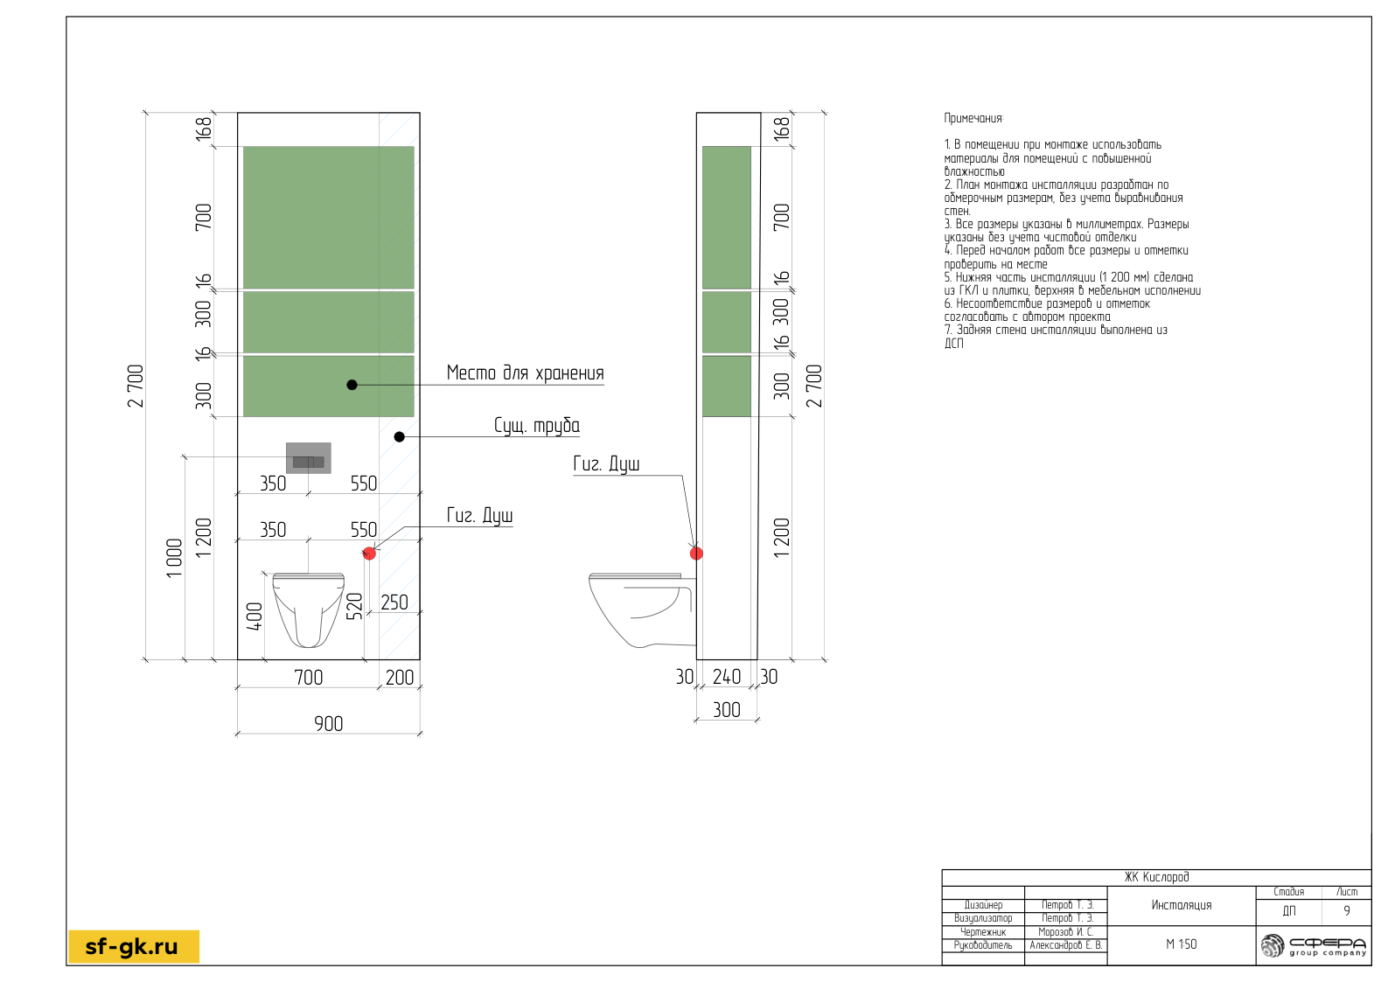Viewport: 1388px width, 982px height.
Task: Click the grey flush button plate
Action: (308, 458)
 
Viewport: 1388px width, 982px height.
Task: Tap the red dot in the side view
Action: (696, 554)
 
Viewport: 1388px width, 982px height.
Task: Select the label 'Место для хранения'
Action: (525, 373)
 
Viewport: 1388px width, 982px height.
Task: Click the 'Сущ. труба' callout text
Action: (537, 426)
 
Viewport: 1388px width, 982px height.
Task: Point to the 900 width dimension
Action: (328, 724)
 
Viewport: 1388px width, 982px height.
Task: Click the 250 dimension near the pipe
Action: (394, 602)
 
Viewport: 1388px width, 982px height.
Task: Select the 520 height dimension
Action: (354, 607)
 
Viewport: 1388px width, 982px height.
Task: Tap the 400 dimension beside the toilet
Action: (255, 616)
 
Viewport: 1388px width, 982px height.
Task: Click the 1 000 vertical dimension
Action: (175, 558)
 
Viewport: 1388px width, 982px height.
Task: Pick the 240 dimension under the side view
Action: (726, 677)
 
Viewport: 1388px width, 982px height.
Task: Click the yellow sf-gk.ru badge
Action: (134, 946)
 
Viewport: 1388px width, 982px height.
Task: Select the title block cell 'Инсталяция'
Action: (1181, 905)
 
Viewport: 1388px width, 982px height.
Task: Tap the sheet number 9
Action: (1347, 911)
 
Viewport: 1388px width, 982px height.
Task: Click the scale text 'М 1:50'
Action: (1181, 944)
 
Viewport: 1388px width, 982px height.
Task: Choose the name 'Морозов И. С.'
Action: (1066, 932)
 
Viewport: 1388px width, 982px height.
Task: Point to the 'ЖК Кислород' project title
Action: (1156, 877)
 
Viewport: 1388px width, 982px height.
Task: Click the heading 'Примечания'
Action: (973, 118)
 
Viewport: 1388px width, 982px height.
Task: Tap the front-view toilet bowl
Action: (308, 609)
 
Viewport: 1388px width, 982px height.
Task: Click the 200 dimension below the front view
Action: (399, 677)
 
